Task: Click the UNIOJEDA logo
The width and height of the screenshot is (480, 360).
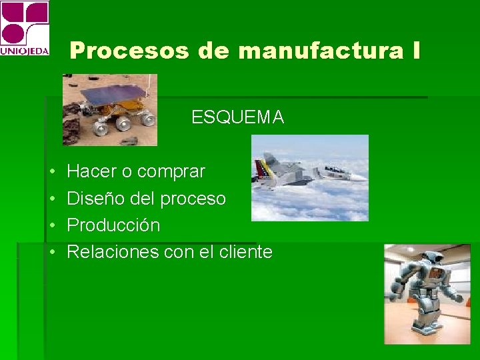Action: point(25,28)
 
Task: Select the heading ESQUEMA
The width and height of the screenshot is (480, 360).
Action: point(237,118)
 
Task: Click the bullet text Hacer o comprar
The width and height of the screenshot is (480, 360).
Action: point(136,172)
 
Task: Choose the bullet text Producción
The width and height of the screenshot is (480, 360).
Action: point(113,225)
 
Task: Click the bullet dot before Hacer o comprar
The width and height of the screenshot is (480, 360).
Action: point(52,172)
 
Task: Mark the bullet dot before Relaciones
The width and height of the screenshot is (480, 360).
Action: point(52,252)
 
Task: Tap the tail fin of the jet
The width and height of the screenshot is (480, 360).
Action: point(269,163)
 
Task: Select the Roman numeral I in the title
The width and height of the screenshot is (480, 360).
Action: point(416,51)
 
